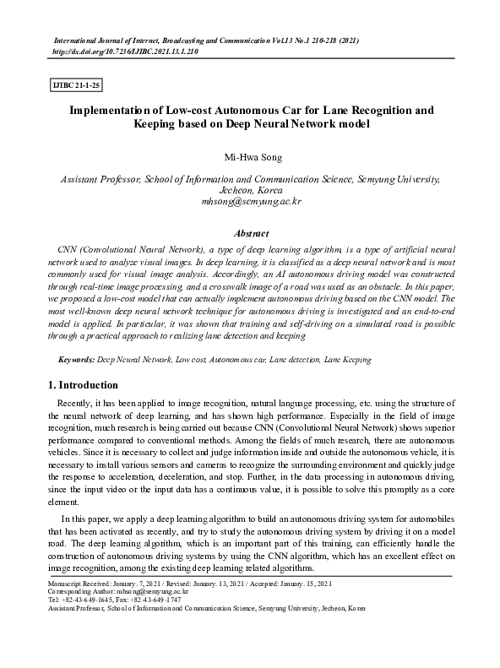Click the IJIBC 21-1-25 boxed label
click(77, 86)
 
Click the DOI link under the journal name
click(125, 51)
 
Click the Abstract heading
click(250, 232)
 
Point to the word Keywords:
click(76, 359)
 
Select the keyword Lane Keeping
click(347, 359)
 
